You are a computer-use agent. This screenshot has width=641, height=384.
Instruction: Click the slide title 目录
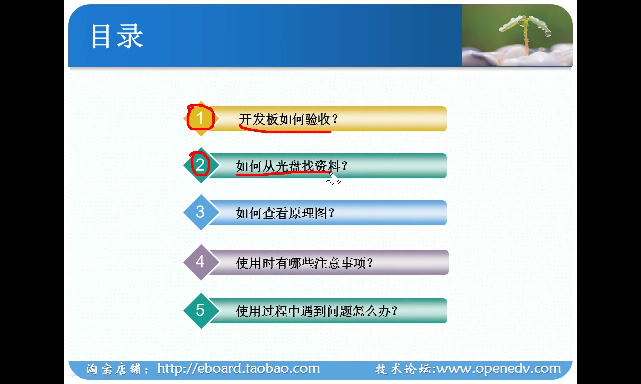click(117, 36)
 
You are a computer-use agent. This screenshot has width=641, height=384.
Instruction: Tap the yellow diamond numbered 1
click(200, 119)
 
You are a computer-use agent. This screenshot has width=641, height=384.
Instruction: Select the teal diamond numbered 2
click(200, 165)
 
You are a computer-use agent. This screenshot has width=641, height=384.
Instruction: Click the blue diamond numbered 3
click(200, 212)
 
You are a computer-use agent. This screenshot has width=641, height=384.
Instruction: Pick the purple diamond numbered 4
click(200, 262)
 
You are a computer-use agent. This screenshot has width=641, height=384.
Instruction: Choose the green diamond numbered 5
click(200, 310)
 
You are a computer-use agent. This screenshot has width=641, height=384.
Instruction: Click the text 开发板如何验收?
click(288, 120)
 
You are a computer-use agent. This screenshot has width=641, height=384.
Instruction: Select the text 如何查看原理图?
click(285, 213)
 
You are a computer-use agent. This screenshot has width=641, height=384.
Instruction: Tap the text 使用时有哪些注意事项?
click(304, 263)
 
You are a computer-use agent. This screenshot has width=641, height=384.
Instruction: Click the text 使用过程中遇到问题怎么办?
click(316, 311)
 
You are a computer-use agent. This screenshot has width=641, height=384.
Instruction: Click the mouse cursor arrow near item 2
click(334, 177)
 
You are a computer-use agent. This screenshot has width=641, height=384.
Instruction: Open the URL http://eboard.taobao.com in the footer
click(238, 369)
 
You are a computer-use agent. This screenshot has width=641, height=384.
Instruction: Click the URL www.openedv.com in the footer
click(499, 369)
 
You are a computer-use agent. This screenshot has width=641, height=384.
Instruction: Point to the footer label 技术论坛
click(404, 369)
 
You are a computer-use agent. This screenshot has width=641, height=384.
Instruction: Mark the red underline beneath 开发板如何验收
click(285, 131)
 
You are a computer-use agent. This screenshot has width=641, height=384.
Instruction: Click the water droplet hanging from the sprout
click(548, 33)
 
